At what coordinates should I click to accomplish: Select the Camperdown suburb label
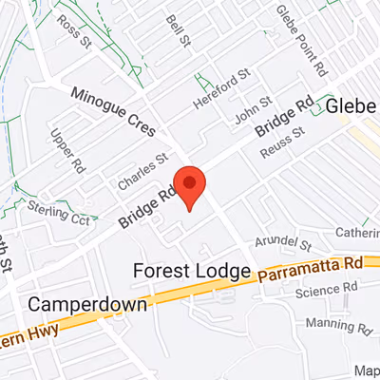(x=87, y=305)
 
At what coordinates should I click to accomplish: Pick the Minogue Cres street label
(x=116, y=110)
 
